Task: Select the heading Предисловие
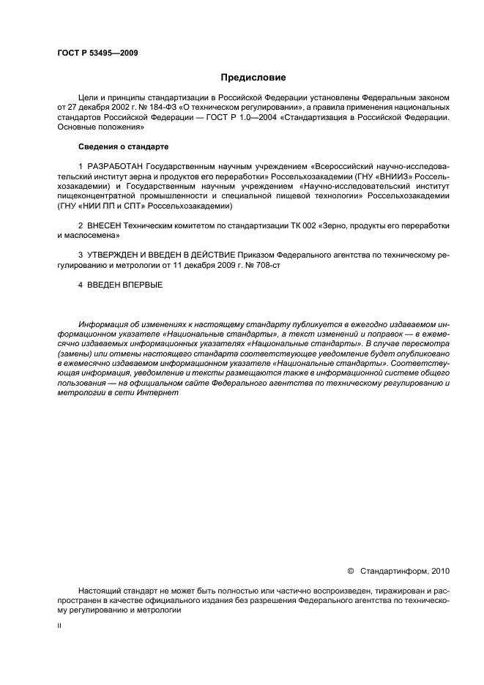(x=253, y=77)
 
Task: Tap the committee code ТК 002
(x=294, y=226)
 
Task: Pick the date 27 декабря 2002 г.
(x=99, y=108)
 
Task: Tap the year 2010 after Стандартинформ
(x=442, y=570)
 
